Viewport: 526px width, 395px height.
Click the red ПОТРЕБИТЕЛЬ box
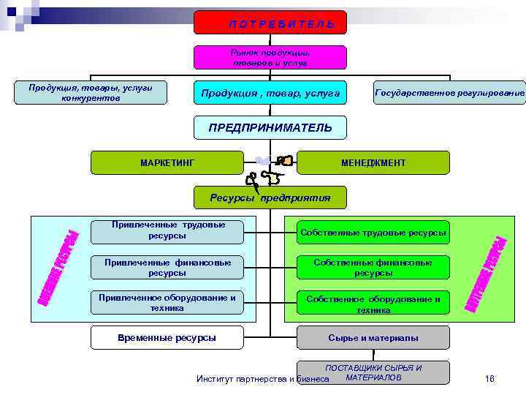[270, 23]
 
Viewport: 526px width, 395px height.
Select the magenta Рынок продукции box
[270, 58]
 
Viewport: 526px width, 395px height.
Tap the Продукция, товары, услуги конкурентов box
[91, 93]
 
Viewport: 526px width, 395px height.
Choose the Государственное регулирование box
[449, 93]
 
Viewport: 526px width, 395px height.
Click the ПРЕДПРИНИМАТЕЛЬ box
[270, 128]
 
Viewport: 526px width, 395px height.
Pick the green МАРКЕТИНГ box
[167, 162]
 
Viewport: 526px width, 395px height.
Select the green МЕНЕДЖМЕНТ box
[373, 162]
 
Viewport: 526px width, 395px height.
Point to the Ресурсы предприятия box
[270, 197]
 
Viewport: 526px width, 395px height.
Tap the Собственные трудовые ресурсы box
[373, 233]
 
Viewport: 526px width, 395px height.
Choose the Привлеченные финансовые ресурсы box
[167, 267]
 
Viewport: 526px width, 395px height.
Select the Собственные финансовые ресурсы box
[373, 267]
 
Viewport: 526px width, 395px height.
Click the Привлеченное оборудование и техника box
[167, 303]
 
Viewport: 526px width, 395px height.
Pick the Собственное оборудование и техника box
[373, 303]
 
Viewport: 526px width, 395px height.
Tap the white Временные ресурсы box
[167, 338]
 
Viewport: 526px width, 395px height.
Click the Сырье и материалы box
[373, 338]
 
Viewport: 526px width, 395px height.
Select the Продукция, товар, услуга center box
[270, 93]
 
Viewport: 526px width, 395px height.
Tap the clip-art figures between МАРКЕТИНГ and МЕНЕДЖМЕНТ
[270, 169]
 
